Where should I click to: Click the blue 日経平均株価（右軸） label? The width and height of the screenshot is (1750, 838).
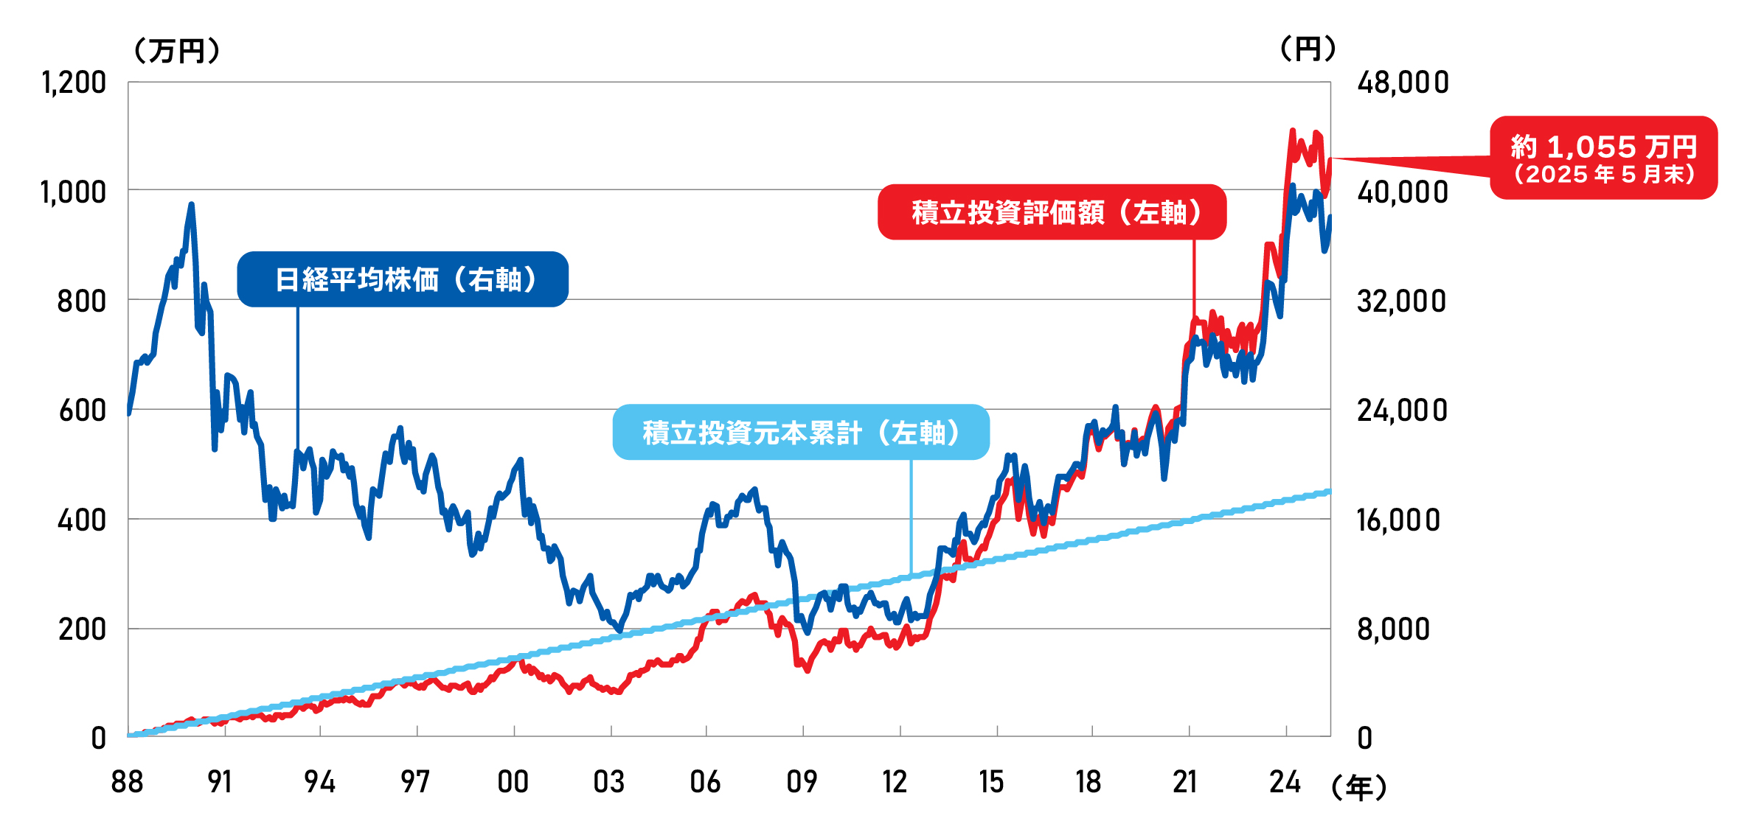pyautogui.click(x=403, y=279)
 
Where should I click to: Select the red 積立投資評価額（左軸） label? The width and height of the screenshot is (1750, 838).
pyautogui.click(x=1052, y=212)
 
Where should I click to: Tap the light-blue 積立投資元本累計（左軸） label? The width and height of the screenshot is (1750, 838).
pyautogui.click(x=801, y=433)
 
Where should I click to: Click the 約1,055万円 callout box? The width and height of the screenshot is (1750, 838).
pyautogui.click(x=1603, y=158)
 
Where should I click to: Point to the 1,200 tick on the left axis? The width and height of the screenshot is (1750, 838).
pyautogui.click(x=74, y=83)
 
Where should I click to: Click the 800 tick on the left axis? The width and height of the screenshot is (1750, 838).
pyautogui.click(x=81, y=301)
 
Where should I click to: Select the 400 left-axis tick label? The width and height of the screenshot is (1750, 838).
pyautogui.click(x=81, y=520)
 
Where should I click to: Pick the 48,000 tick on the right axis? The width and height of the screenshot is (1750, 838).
pyautogui.click(x=1403, y=83)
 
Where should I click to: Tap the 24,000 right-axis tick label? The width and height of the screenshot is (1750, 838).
pyautogui.click(x=1402, y=411)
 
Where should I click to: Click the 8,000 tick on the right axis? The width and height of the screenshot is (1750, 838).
pyautogui.click(x=1393, y=629)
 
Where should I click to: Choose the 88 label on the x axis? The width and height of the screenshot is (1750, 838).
pyautogui.click(x=127, y=782)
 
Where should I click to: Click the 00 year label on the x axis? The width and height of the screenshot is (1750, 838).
pyautogui.click(x=513, y=782)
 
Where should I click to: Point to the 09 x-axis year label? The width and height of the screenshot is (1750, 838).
pyautogui.click(x=802, y=782)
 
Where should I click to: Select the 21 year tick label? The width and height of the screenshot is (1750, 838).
pyautogui.click(x=1185, y=782)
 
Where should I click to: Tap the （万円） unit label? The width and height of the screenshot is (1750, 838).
pyautogui.click(x=177, y=51)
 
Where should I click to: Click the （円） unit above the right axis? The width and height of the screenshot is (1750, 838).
pyautogui.click(x=1308, y=49)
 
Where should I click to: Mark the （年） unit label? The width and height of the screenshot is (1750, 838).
pyautogui.click(x=1358, y=788)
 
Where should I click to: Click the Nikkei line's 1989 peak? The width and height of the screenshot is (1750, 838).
pyautogui.click(x=191, y=204)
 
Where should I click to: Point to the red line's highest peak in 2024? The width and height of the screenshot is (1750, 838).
pyautogui.click(x=1292, y=131)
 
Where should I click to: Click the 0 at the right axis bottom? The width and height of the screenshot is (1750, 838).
pyautogui.click(x=1364, y=739)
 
